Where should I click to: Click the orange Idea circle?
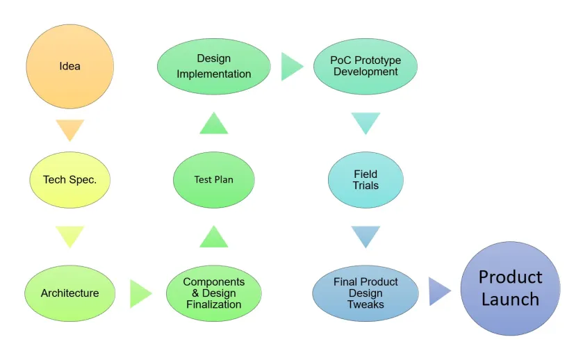pos(70,67)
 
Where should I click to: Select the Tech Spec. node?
pos(70,179)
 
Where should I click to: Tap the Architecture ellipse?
pos(69,293)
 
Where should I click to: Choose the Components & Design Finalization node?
pos(214,293)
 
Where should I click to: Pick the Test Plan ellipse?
pos(214,179)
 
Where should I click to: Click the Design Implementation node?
pos(214,67)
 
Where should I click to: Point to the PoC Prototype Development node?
pos(366,67)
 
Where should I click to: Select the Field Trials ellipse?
pos(366,179)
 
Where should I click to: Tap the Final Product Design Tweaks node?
pos(366,293)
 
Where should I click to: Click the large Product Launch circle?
pos(510,288)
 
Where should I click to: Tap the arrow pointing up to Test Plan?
pos(214,238)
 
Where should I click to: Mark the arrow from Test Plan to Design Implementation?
pos(214,124)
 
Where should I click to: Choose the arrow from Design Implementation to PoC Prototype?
pos(291,67)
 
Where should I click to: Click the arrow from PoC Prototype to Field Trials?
pos(366,122)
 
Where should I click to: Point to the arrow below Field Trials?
pos(366,236)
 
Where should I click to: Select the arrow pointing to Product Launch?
pos(438,291)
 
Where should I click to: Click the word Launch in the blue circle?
pos(510,300)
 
